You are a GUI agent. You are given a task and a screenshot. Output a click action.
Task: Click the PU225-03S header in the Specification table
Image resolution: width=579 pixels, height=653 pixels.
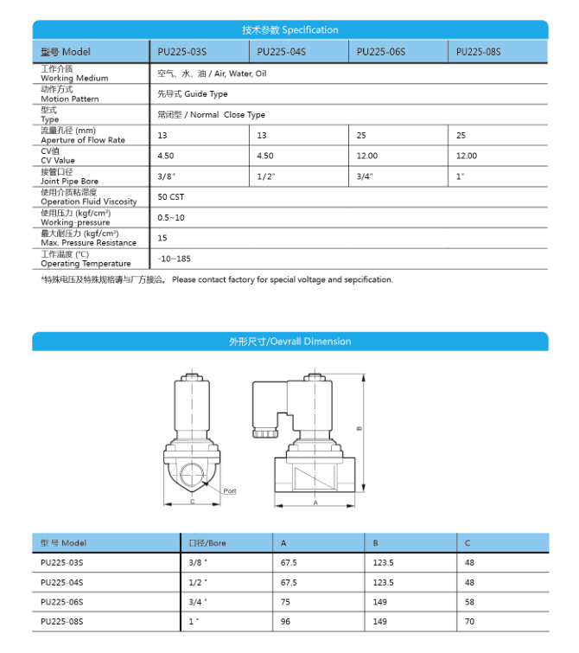tap(182, 52)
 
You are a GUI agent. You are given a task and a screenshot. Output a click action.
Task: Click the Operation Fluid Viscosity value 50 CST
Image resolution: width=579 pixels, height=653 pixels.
tap(171, 197)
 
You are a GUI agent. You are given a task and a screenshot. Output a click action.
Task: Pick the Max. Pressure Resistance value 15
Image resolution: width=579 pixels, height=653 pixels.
tap(162, 238)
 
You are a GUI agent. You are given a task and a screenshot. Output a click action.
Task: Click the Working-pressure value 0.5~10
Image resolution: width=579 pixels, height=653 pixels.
tap(171, 217)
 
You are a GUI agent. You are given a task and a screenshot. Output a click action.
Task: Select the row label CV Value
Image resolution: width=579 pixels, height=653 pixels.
tap(58, 160)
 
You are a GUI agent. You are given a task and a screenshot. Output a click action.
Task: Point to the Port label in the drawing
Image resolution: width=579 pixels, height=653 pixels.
tap(230, 490)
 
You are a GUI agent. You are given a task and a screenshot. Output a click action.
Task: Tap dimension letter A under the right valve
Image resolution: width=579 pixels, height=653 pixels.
tap(315, 503)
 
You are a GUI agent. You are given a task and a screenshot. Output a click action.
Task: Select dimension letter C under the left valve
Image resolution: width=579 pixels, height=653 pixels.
tap(192, 502)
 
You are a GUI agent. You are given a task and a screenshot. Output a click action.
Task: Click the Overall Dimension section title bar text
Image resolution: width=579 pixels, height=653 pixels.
tap(289, 342)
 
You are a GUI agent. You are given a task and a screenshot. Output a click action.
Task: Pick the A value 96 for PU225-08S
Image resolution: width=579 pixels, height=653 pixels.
tap(286, 621)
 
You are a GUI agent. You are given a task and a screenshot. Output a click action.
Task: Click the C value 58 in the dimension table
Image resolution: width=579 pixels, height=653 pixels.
tap(469, 601)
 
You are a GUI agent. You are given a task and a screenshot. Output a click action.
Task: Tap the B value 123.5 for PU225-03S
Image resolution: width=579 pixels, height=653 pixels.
tap(383, 562)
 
